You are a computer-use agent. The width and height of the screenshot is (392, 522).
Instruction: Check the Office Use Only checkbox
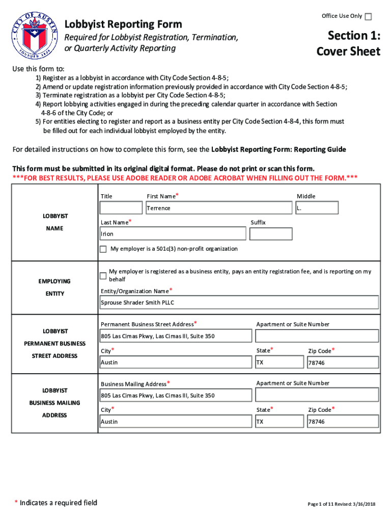368,17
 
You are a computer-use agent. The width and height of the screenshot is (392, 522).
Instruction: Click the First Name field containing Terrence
220,208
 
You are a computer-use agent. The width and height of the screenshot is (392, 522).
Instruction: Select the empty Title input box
121,208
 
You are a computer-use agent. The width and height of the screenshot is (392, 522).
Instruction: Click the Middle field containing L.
317,208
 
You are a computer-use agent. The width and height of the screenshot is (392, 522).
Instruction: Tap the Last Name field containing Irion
173,234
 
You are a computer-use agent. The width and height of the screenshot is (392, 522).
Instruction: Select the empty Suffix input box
271,234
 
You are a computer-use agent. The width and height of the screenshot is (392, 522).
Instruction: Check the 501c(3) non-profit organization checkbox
103,249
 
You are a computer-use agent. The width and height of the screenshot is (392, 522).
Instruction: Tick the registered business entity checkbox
103,276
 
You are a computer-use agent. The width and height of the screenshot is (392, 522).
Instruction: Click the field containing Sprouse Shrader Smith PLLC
239,302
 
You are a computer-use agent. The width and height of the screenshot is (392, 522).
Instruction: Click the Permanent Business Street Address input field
176,336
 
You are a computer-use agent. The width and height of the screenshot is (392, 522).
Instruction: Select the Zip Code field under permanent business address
343,362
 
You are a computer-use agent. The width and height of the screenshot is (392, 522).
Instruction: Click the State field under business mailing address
279,422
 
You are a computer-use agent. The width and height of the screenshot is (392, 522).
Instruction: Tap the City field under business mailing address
176,422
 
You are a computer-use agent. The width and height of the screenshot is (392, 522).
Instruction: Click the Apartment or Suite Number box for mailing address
317,395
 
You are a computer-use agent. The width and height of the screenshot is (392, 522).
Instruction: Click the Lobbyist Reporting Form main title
123,24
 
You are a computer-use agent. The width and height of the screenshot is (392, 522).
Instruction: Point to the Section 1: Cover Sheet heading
348,43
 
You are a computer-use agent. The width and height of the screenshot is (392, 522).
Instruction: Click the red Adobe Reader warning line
185,177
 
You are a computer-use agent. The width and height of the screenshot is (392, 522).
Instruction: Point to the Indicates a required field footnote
55,503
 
